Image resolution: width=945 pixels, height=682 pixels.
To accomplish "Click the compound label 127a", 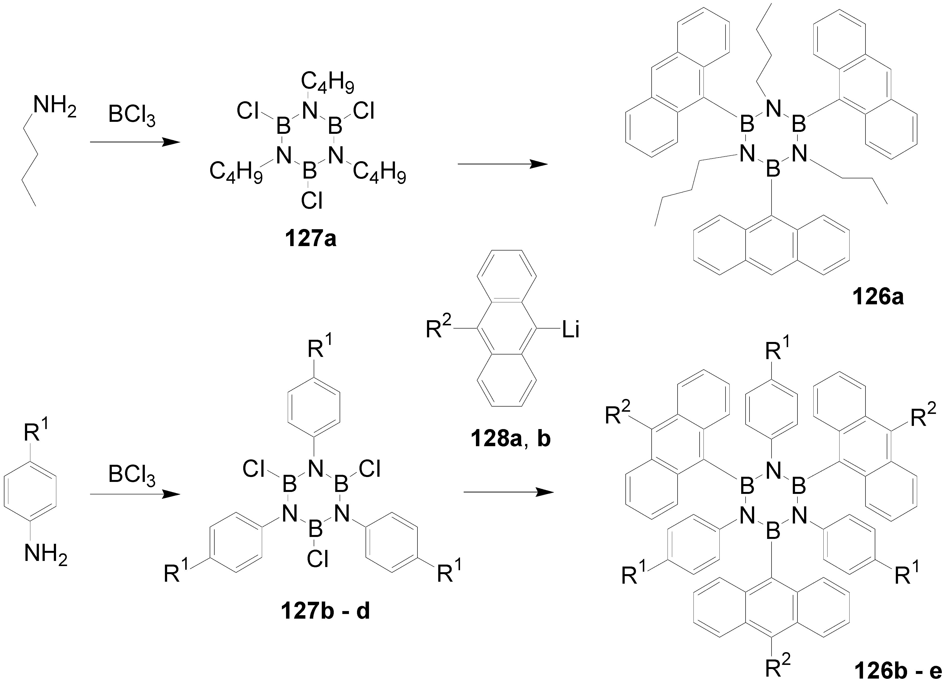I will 311,239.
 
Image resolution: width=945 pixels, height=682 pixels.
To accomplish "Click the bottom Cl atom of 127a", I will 312,201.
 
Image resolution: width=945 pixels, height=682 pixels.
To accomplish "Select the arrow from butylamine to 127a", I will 135,142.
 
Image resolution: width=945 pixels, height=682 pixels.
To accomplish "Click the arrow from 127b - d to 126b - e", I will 508,492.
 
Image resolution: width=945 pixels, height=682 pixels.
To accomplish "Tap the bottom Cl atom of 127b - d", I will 318,559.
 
